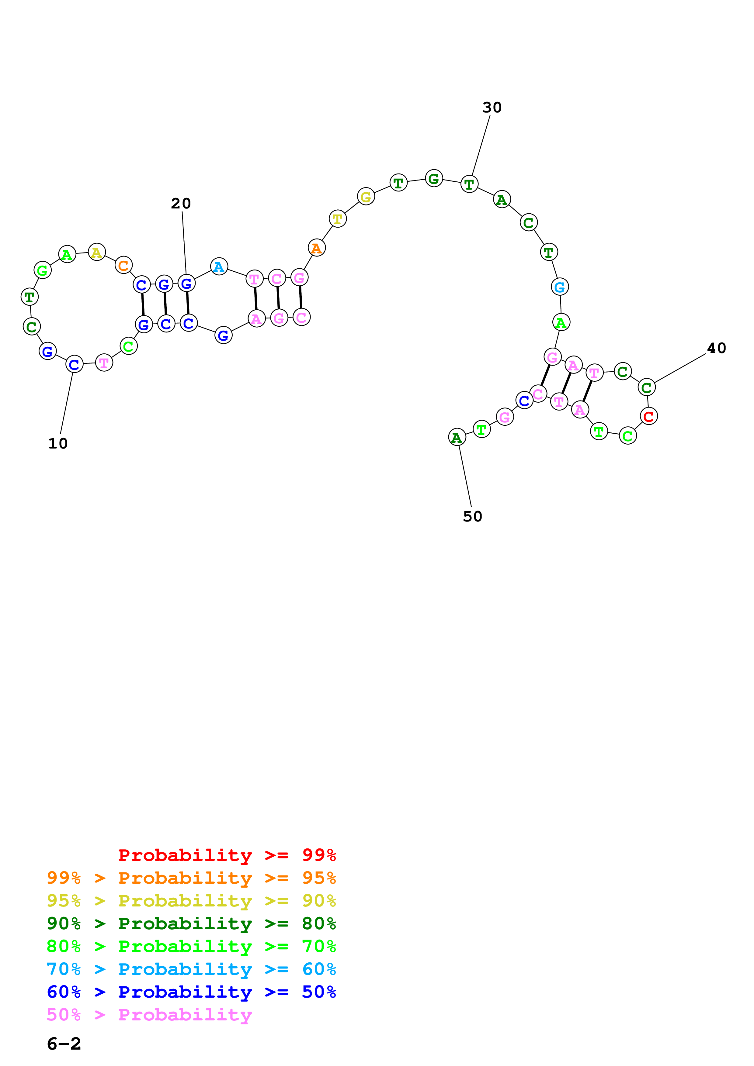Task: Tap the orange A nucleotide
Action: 316,248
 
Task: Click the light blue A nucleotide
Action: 219,266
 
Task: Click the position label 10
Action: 58,443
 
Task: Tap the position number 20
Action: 181,203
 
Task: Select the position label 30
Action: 492,108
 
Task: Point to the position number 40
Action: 716,348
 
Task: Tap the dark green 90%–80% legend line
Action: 191,923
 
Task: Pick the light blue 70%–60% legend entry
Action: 191,969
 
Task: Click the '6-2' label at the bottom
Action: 64,1044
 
